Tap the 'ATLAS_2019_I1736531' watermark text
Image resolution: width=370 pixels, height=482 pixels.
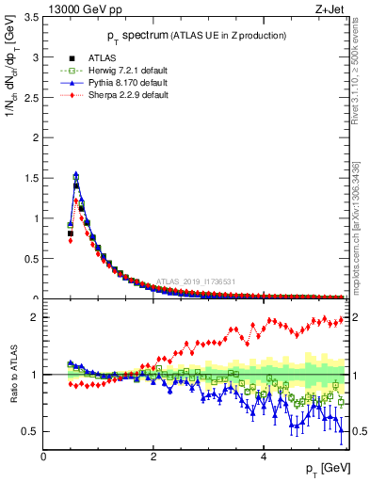[195, 281]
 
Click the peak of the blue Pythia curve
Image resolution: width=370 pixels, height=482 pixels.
[75, 174]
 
